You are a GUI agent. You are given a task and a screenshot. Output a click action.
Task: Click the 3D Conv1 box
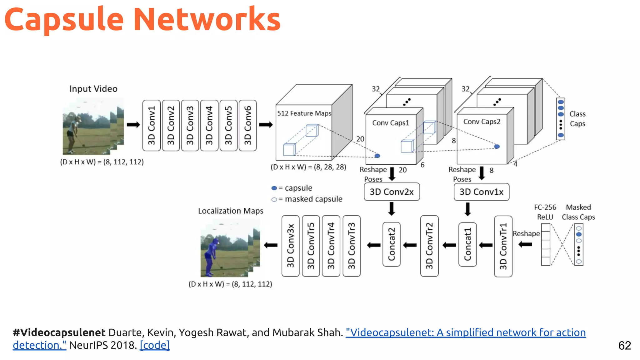click(x=152, y=125)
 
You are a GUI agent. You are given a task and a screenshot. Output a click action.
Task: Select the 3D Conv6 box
click(x=247, y=125)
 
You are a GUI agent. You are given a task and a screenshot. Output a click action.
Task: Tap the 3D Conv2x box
click(x=392, y=192)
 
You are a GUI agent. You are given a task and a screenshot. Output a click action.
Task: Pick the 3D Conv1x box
click(x=481, y=192)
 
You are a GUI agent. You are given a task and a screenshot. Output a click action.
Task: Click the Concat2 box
click(x=391, y=244)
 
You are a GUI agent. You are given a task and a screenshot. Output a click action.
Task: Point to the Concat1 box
click(x=467, y=244)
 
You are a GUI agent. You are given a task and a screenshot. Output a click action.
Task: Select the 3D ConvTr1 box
click(x=503, y=246)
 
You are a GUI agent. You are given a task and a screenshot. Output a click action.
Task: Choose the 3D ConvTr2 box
click(x=429, y=246)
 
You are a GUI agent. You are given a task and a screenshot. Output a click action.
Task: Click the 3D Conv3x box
click(x=290, y=246)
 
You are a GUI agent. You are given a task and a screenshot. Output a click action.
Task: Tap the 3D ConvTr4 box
click(x=331, y=246)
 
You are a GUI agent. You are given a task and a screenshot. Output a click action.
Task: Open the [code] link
click(x=155, y=345)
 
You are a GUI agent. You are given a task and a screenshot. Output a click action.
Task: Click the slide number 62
click(x=624, y=346)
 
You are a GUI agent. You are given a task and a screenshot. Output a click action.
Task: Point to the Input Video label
click(x=93, y=89)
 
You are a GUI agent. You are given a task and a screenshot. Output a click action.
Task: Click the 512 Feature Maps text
click(x=304, y=113)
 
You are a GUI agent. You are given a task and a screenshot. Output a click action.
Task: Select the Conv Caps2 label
click(x=482, y=122)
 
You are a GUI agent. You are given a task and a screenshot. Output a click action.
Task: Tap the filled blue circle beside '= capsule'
click(x=274, y=188)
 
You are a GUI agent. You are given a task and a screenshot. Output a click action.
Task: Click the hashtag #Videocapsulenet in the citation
click(x=59, y=332)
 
